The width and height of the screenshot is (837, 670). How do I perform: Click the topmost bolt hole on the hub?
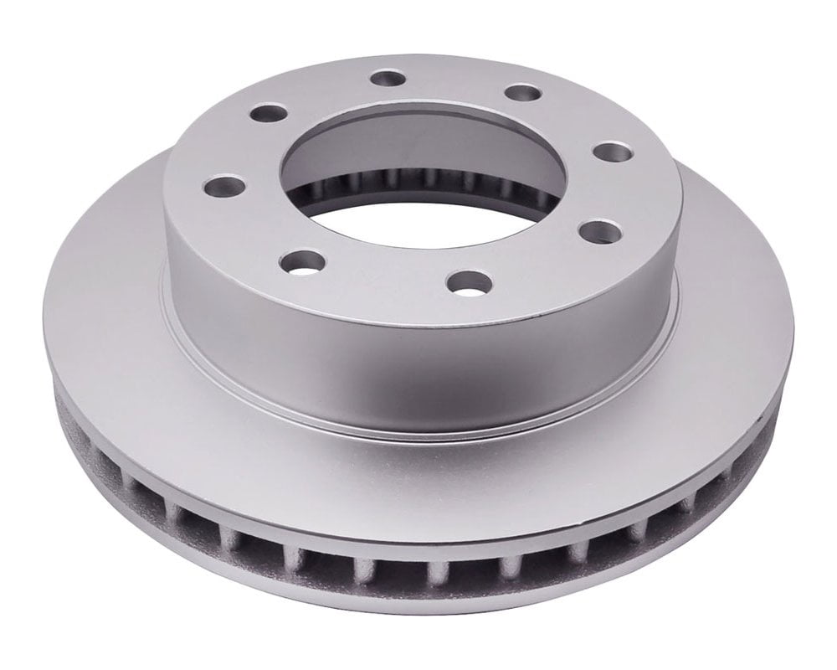click(388, 79)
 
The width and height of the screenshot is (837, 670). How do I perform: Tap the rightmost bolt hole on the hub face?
click(613, 153)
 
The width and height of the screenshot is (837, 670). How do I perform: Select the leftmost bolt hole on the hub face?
click(224, 186)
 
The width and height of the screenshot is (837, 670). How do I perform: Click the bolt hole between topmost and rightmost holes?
click(523, 92)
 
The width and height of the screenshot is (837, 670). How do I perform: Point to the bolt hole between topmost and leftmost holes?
click(269, 112)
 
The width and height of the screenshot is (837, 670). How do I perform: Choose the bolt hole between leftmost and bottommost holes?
click(302, 262)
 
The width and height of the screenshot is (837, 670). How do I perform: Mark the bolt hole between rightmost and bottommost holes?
click(599, 231)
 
